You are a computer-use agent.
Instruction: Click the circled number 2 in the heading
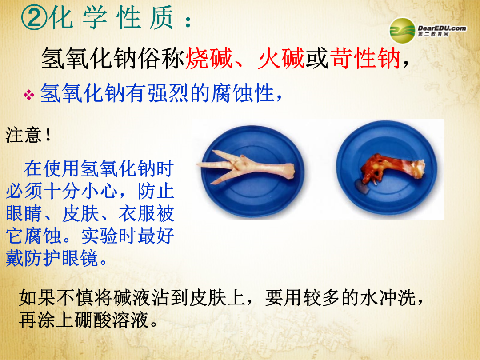pyautogui.click(x=34, y=18)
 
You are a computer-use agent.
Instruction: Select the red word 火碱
pyautogui.click(x=281, y=58)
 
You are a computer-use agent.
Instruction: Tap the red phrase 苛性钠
pyautogui.click(x=365, y=58)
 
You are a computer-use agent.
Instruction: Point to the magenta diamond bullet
pyautogui.click(x=29, y=95)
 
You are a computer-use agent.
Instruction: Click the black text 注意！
pyautogui.click(x=28, y=135)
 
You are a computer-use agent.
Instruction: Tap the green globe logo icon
pyautogui.click(x=402, y=30)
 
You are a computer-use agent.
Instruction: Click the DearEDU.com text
pyautogui.click(x=442, y=28)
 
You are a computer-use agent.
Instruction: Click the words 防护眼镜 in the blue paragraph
pyautogui.click(x=61, y=258)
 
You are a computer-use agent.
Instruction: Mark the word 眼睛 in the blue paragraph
pyautogui.click(x=24, y=213)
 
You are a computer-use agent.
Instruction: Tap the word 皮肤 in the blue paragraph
pyautogui.click(x=80, y=213)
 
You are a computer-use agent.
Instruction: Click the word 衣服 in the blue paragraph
pyautogui.click(x=137, y=213)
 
